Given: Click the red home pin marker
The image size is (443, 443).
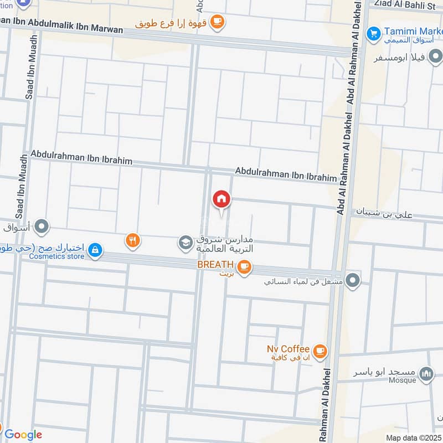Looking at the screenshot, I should (x=221, y=199).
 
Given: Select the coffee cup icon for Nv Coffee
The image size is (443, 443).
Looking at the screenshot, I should (x=320, y=351).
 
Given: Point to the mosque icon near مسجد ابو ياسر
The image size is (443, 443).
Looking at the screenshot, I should (x=426, y=375).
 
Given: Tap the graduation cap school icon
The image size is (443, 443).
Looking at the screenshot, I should (x=185, y=243).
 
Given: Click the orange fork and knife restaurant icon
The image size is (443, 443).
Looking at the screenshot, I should (x=132, y=240).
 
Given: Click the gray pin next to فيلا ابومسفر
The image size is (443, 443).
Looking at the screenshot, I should (x=436, y=56).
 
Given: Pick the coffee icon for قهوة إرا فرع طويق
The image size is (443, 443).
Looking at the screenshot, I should (x=218, y=22).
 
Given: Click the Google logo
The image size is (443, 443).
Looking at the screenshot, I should (x=23, y=435).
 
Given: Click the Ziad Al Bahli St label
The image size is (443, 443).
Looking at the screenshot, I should (x=405, y=4).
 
